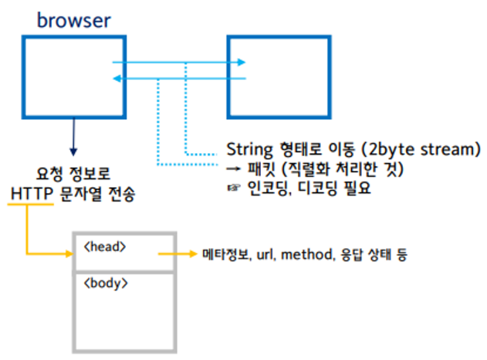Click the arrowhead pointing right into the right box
click(242, 62)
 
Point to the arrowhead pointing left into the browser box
click(117, 78)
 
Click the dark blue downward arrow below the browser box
click(73, 147)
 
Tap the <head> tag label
click(104, 246)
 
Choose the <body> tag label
click(105, 282)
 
